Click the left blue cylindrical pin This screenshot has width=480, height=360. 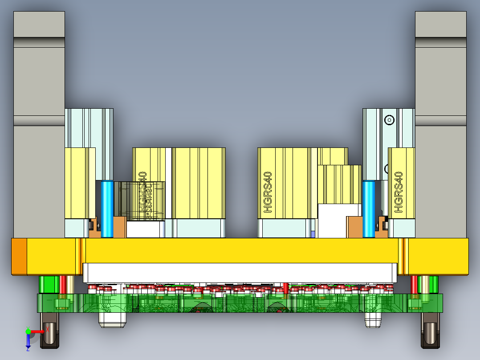coord(107,209)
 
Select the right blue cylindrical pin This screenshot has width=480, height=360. coord(368,209)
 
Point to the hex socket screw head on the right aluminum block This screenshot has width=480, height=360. coord(390,119)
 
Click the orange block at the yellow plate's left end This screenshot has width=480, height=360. coord(19,256)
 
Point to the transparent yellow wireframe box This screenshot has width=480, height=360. coord(142,200)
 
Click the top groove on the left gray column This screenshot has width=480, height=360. coord(39,42)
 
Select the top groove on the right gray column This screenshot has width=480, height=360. coord(440,42)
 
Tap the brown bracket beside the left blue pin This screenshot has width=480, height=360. coord(120,227)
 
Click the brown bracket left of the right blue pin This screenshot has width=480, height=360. coord(355,227)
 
